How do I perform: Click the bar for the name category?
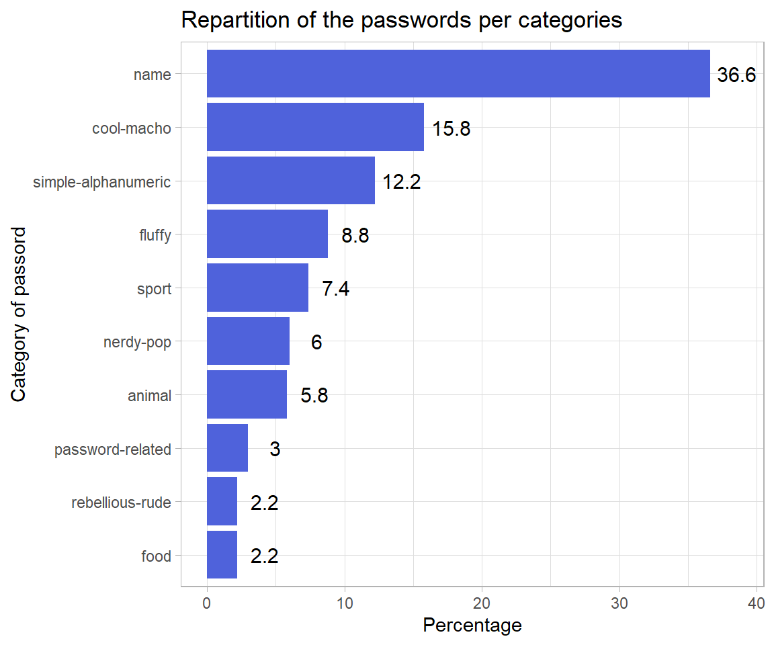458,74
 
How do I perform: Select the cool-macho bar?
315,127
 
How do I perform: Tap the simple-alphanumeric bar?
290,181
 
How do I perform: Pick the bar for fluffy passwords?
267,234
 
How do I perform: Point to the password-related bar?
227,448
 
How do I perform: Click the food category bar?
222,555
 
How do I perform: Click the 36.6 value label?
736,75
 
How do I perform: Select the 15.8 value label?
451,129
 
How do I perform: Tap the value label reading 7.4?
335,290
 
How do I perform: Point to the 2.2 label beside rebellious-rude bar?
264,503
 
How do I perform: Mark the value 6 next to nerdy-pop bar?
316,343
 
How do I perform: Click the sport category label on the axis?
154,289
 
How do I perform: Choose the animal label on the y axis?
149,396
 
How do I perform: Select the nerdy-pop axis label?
137,343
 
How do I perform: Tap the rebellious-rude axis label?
121,503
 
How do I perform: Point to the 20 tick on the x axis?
482,603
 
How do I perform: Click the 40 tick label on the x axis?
757,603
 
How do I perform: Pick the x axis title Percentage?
472,626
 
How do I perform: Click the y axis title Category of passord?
19,314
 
